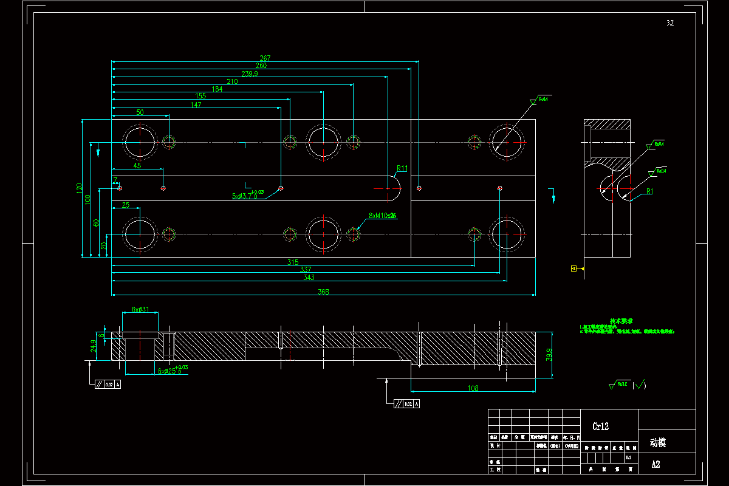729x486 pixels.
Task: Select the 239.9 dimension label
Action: pos(250,74)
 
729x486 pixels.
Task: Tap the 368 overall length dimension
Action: pos(324,292)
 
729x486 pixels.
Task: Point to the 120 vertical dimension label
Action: pos(78,188)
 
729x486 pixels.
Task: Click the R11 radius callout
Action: pos(402,168)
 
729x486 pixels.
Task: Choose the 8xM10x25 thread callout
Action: pos(383,216)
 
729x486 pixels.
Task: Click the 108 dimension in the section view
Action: pos(473,388)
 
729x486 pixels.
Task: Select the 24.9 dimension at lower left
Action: pos(93,346)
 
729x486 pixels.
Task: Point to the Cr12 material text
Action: pos(600,426)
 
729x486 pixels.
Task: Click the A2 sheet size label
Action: pos(655,465)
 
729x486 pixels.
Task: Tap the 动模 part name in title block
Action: pos(658,443)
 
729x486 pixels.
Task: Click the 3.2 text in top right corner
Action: pos(670,23)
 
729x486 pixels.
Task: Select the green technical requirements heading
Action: pos(621,320)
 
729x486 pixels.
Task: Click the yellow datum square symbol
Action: pos(573,268)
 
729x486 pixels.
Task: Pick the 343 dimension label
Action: pos(309,278)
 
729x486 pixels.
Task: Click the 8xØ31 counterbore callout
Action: pos(140,309)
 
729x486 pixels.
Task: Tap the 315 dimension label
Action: pos(293,262)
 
